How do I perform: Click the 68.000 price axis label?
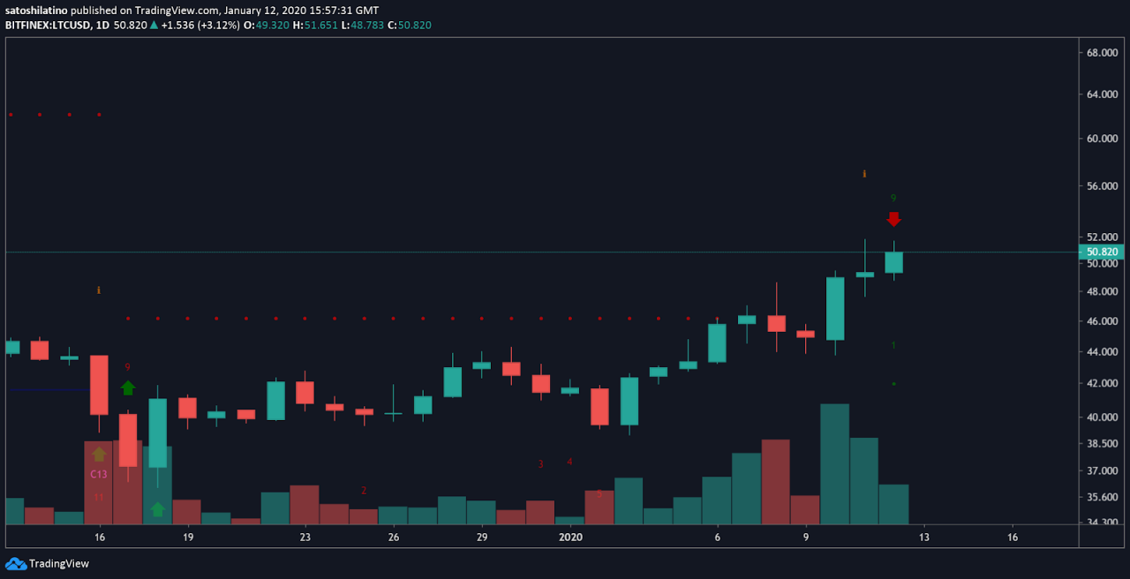[1102, 53]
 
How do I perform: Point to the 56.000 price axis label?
[1102, 186]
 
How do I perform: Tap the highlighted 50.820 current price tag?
[1102, 252]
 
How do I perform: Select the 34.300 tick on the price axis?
[1102, 523]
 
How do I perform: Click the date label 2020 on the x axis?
[571, 537]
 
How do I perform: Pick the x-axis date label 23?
[305, 537]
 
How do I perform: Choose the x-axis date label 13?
[923, 537]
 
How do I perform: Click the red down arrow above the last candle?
[893, 219]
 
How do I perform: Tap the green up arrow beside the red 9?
[128, 387]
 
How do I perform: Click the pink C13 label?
[99, 474]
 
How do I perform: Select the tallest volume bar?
[834, 464]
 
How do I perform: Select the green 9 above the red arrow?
[893, 199]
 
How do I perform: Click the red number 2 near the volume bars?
[363, 491]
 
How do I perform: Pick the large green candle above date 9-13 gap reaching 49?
[834, 309]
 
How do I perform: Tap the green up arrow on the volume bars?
[157, 509]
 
